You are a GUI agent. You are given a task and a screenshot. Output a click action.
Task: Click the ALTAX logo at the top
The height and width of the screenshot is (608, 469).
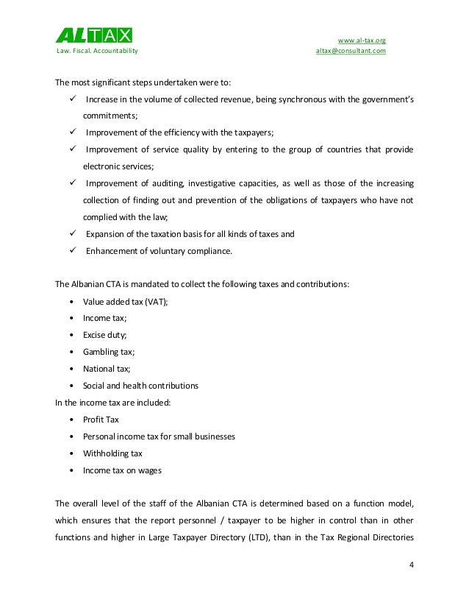[x=95, y=35]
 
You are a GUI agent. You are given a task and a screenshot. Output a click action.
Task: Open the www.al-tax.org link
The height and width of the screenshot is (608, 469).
[x=361, y=39]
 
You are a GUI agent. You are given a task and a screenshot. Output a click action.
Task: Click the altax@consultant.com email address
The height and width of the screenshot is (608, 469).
[x=351, y=52]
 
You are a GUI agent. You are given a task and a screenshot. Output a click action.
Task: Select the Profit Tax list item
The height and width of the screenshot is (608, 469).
[x=102, y=420]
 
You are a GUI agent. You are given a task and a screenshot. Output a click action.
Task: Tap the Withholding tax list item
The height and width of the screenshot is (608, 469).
[x=114, y=453]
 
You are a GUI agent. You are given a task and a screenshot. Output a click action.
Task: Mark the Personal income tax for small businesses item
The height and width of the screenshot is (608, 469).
[x=160, y=436]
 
